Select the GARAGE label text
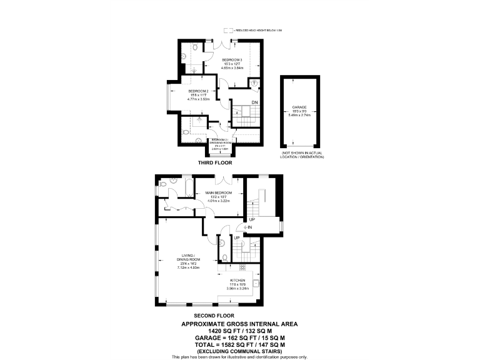pos(297,107)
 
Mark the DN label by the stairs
pos(255,102)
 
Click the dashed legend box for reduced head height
pos(229,29)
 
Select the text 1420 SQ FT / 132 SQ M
pos(239,330)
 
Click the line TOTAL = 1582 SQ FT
pos(239,344)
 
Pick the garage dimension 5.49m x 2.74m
pos(297,115)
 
